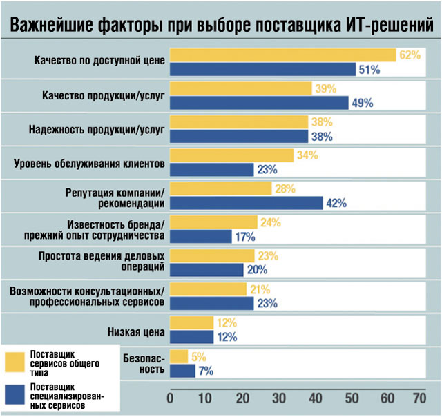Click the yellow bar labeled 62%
pyautogui.click(x=282, y=55)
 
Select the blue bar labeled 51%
pyautogui.click(x=262, y=69)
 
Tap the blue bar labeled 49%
pyautogui.click(x=259, y=102)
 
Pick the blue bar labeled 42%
pyautogui.click(x=246, y=202)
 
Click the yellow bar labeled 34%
pyautogui.click(x=231, y=155)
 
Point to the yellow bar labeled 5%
pyautogui.click(x=179, y=356)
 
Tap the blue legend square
pyautogui.click(x=14, y=396)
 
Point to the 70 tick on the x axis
pyautogui.click(x=419, y=399)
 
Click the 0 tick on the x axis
pyautogui.click(x=170, y=399)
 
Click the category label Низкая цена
pyautogui.click(x=135, y=331)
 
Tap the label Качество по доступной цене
pyautogui.click(x=99, y=61)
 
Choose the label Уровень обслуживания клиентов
pyautogui.click(x=89, y=164)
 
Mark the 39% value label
pyautogui.click(x=324, y=88)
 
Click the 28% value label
pyautogui.click(x=284, y=188)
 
